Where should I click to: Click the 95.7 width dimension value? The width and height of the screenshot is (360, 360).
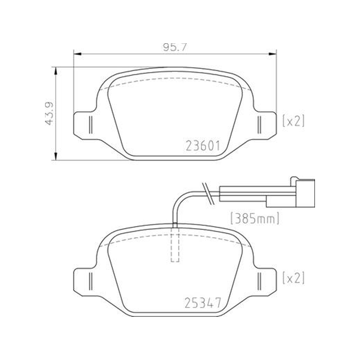click(x=175, y=47)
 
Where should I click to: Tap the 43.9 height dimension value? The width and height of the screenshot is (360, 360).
click(x=49, y=113)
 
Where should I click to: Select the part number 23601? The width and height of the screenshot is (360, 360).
click(x=203, y=146)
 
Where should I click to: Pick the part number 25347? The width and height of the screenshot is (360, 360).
click(x=203, y=302)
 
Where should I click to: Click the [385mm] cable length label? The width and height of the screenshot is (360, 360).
click(x=255, y=218)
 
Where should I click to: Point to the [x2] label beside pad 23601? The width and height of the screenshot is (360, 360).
click(x=293, y=121)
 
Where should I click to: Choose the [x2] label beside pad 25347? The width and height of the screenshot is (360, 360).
click(x=293, y=278)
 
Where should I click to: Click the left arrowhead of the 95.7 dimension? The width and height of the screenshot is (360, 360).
click(x=77, y=54)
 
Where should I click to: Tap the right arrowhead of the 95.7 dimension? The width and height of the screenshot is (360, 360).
click(x=273, y=54)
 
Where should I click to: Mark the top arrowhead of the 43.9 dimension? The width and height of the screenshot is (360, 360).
click(x=55, y=71)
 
